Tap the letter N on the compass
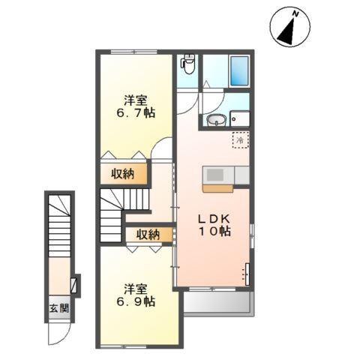[x=296, y=13]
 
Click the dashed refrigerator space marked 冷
[x=240, y=139]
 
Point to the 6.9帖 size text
[x=136, y=301]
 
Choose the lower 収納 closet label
[x=148, y=234]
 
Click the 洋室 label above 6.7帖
[x=135, y=100]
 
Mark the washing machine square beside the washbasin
[x=241, y=118]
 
